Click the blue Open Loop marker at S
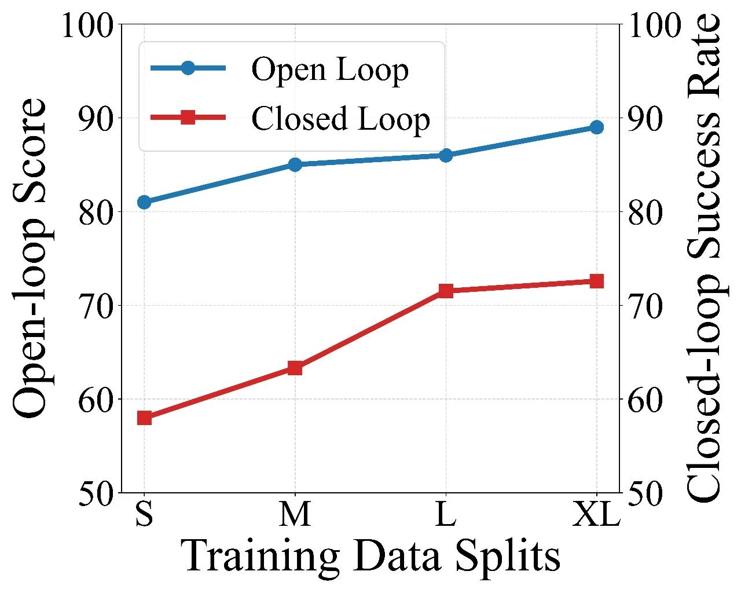click(144, 202)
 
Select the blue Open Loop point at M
click(295, 164)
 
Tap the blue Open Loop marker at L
click(446, 155)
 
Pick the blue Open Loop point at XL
click(597, 127)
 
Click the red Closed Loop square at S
click(144, 418)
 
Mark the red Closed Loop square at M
click(295, 368)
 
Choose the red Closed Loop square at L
click(446, 291)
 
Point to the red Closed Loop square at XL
click(597, 281)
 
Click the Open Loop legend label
click(330, 69)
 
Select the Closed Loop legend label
click(340, 119)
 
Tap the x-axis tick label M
click(295, 514)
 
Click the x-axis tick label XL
click(596, 514)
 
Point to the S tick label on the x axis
click(144, 514)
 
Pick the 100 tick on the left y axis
click(88, 26)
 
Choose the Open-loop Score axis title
click(30, 258)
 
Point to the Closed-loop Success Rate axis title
click(704, 258)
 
